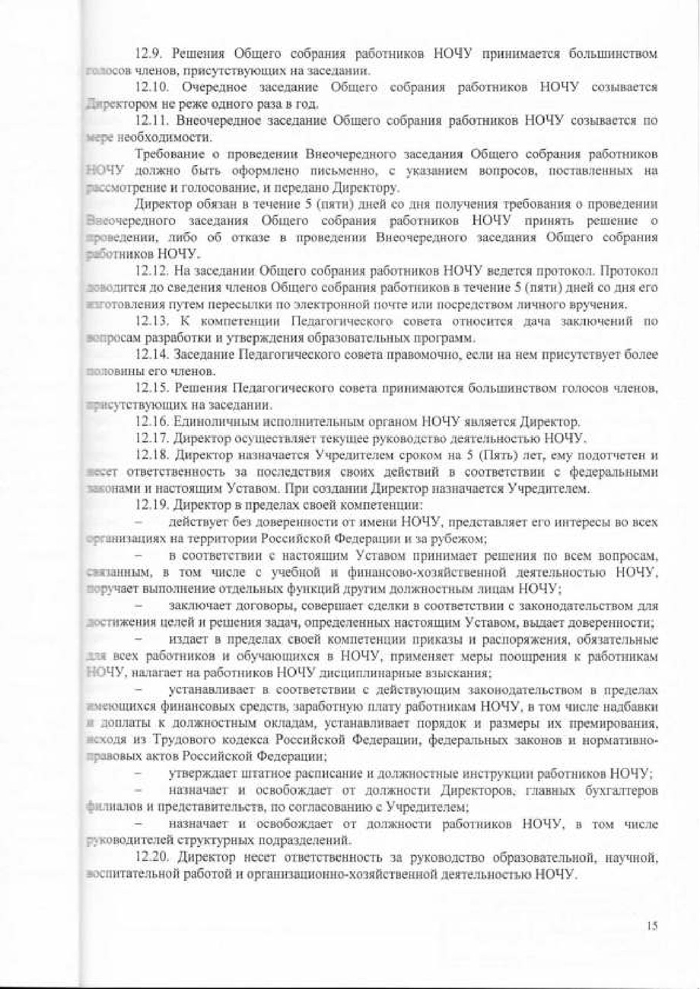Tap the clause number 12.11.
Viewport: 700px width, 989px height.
[x=153, y=121]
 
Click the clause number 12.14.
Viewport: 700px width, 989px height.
[x=153, y=355]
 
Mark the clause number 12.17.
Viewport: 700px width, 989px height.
[x=153, y=438]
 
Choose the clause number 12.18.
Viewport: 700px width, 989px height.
[x=153, y=456]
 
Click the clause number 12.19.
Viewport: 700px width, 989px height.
[x=153, y=505]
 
